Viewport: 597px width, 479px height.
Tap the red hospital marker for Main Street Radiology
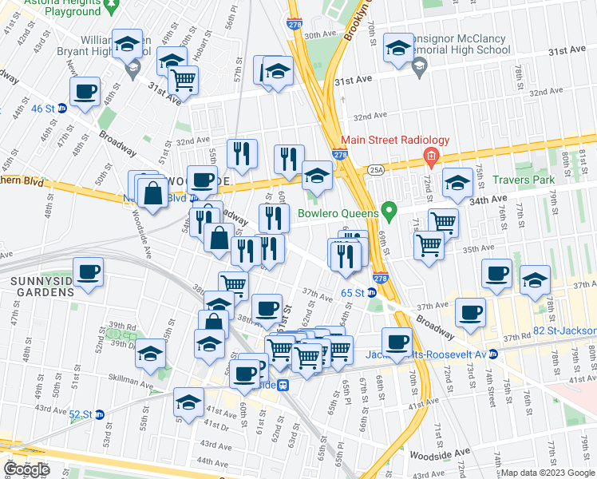tap(431, 155)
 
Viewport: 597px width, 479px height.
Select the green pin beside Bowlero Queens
tap(389, 212)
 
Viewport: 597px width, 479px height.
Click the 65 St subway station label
tap(353, 293)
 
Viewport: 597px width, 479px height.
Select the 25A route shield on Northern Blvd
tap(375, 169)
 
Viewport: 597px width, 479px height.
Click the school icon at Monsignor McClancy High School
tap(398, 47)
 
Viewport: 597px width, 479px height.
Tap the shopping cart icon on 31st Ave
tap(184, 80)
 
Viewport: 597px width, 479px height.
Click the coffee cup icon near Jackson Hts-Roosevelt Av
tap(396, 342)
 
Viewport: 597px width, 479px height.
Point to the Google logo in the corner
tap(26, 469)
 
